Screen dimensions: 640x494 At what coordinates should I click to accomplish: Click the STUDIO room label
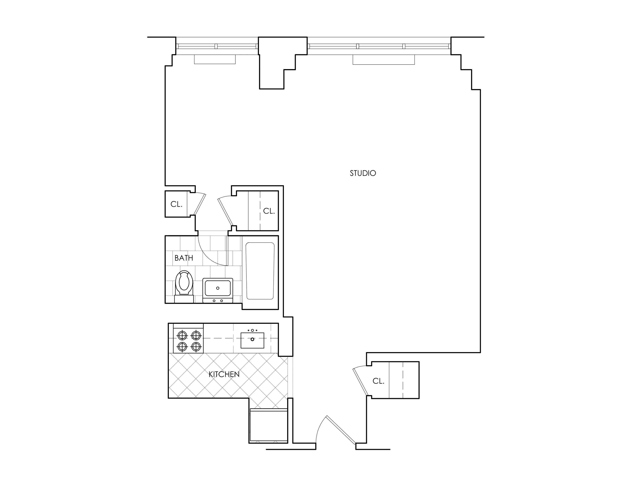(x=363, y=173)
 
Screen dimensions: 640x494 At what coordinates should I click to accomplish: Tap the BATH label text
(x=184, y=258)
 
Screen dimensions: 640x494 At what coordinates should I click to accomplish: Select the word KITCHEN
(x=224, y=374)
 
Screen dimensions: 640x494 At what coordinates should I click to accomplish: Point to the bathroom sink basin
(x=218, y=288)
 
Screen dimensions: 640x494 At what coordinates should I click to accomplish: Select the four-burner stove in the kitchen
(x=189, y=341)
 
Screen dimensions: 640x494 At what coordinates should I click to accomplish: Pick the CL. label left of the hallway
(x=176, y=204)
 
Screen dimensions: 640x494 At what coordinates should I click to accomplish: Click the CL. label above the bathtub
(x=269, y=211)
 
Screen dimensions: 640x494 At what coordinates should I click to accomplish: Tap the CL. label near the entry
(x=378, y=381)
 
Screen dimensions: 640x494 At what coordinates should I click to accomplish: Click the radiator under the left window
(x=215, y=59)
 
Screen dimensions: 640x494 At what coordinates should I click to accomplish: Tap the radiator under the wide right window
(x=384, y=60)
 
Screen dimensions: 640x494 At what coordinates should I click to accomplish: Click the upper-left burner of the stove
(x=182, y=335)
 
